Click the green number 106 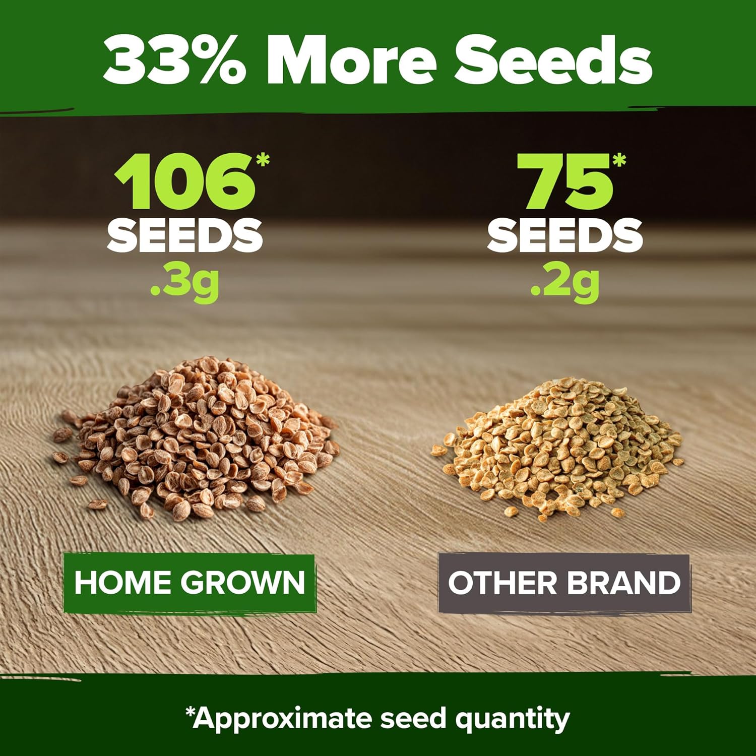pos(184,181)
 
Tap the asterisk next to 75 pos(619,160)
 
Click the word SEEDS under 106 pos(184,235)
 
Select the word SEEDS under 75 pos(565,235)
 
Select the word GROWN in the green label pos(243,582)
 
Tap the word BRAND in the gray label pos(623,583)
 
